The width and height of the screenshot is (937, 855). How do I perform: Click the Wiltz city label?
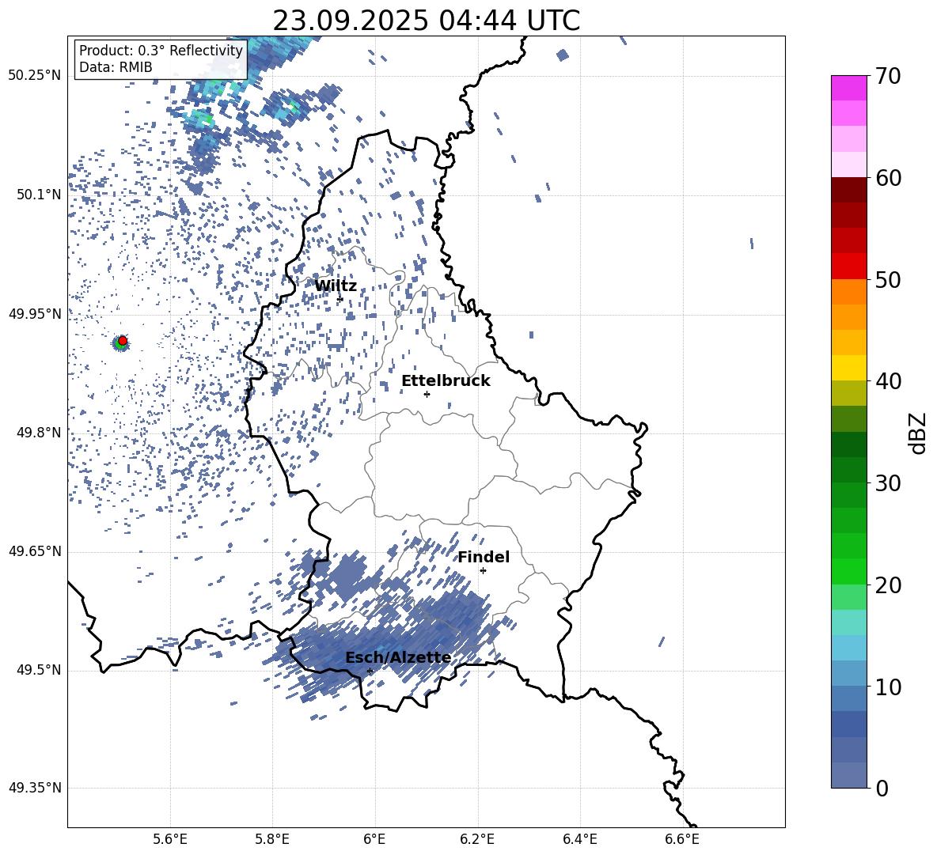pyautogui.click(x=336, y=286)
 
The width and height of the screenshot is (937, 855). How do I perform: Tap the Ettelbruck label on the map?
pyautogui.click(x=446, y=381)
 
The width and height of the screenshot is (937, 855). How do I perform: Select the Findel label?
pyautogui.click(x=484, y=558)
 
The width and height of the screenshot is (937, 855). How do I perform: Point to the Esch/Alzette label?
pyautogui.click(x=398, y=658)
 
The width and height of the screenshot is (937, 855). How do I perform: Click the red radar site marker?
pyautogui.click(x=123, y=341)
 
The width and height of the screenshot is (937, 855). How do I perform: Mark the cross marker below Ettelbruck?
pyautogui.click(x=427, y=394)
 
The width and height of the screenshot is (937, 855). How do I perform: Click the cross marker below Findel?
pyautogui.click(x=483, y=570)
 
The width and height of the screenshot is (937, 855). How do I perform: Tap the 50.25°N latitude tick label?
pyautogui.click(x=35, y=76)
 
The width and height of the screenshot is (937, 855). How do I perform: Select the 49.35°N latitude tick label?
pyautogui.click(x=35, y=789)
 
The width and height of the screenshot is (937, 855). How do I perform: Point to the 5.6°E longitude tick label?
pyautogui.click(x=170, y=838)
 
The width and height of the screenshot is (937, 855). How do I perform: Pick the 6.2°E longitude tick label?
pyautogui.click(x=478, y=838)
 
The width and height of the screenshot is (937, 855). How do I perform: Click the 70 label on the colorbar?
pyautogui.click(x=890, y=77)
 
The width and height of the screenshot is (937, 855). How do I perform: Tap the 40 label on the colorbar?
pyautogui.click(x=890, y=381)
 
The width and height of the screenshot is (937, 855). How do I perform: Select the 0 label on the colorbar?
pyautogui.click(x=882, y=789)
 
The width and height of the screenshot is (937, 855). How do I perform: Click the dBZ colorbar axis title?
pyautogui.click(x=918, y=433)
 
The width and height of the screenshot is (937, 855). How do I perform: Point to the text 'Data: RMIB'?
pyautogui.click(x=116, y=67)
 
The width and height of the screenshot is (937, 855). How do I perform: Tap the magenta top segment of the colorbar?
pyautogui.click(x=849, y=88)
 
